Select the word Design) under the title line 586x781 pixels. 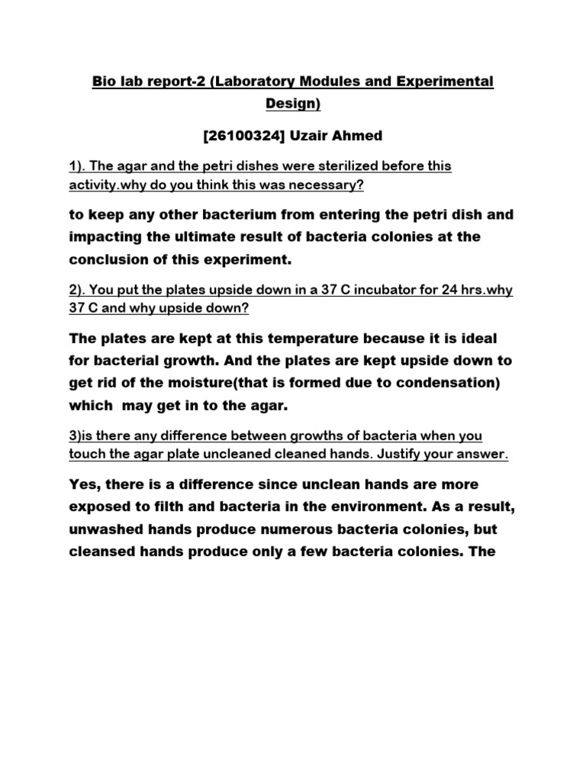click(293, 102)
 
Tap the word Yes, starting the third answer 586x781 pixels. click(85, 484)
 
